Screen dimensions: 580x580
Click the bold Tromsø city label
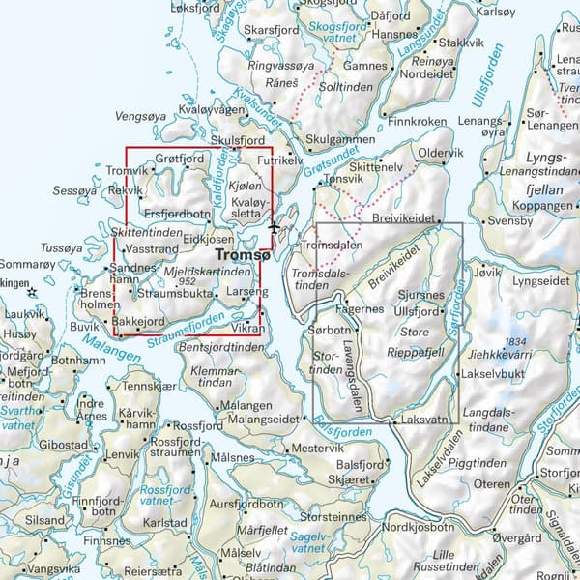click(242, 256)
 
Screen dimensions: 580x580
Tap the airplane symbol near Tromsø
click(275, 228)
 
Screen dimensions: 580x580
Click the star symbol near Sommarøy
click(32, 291)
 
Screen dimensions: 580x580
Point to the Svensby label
click(510, 220)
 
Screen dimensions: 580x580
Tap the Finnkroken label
click(417, 123)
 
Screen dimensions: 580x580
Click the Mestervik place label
click(317, 449)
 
